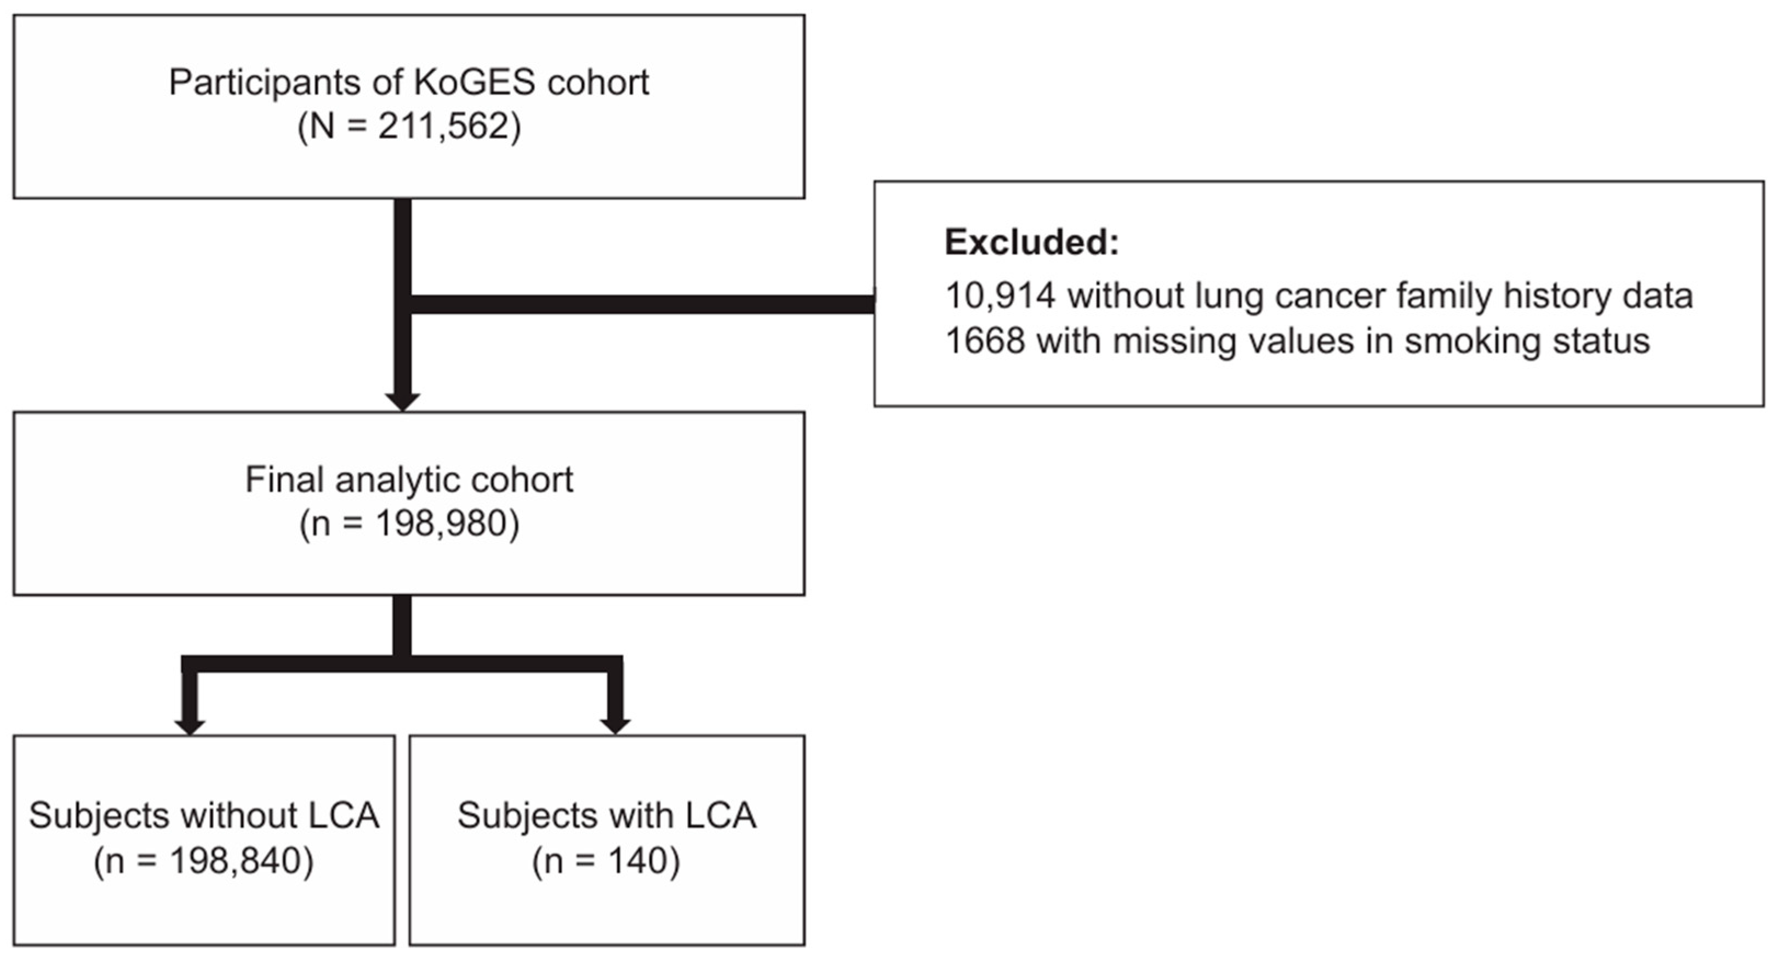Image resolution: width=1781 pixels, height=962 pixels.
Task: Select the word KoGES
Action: pos(474,82)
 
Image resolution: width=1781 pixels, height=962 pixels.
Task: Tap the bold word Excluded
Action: pos(1031,243)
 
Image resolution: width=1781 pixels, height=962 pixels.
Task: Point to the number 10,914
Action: pos(1000,296)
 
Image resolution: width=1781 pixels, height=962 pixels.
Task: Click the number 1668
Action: pos(985,341)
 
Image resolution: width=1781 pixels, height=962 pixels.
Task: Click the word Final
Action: pos(284,479)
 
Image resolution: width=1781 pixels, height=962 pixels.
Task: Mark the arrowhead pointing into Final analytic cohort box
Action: pos(402,402)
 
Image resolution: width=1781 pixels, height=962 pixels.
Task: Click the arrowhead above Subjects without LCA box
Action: pos(190,726)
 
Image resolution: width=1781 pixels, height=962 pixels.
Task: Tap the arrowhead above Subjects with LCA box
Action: pos(615,726)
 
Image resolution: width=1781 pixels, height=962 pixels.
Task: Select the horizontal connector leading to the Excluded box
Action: pos(643,304)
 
